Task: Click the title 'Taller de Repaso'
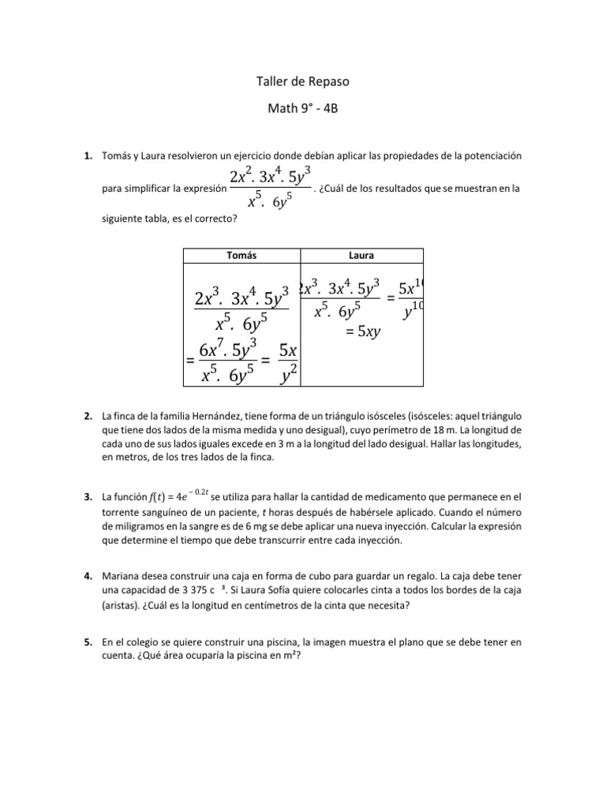pos(303,81)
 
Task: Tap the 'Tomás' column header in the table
pos(241,256)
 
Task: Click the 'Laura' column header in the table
pos(361,256)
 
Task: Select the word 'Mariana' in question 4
pos(121,578)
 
